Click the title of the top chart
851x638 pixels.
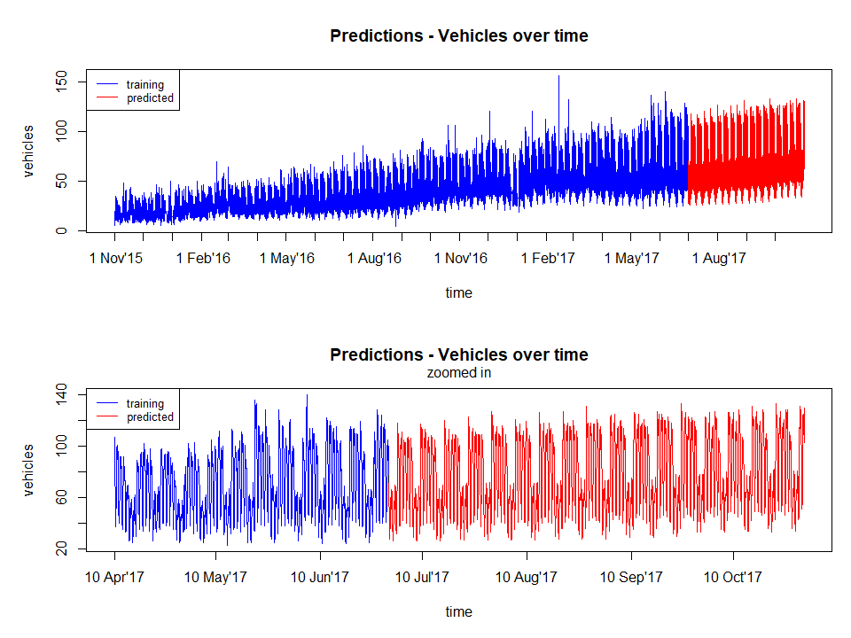458,36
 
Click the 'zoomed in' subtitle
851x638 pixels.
458,373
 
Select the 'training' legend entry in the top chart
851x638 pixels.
145,85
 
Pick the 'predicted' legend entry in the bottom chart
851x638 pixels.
150,417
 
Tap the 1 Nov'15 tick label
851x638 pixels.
114,258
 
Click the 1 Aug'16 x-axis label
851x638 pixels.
374,258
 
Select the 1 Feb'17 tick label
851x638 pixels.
547,258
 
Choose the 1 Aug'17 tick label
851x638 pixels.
716,258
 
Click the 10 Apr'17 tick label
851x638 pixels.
114,577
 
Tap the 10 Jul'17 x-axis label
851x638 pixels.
422,577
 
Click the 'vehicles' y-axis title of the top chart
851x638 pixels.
30,151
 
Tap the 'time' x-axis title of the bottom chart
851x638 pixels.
458,611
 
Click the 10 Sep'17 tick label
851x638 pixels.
631,577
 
